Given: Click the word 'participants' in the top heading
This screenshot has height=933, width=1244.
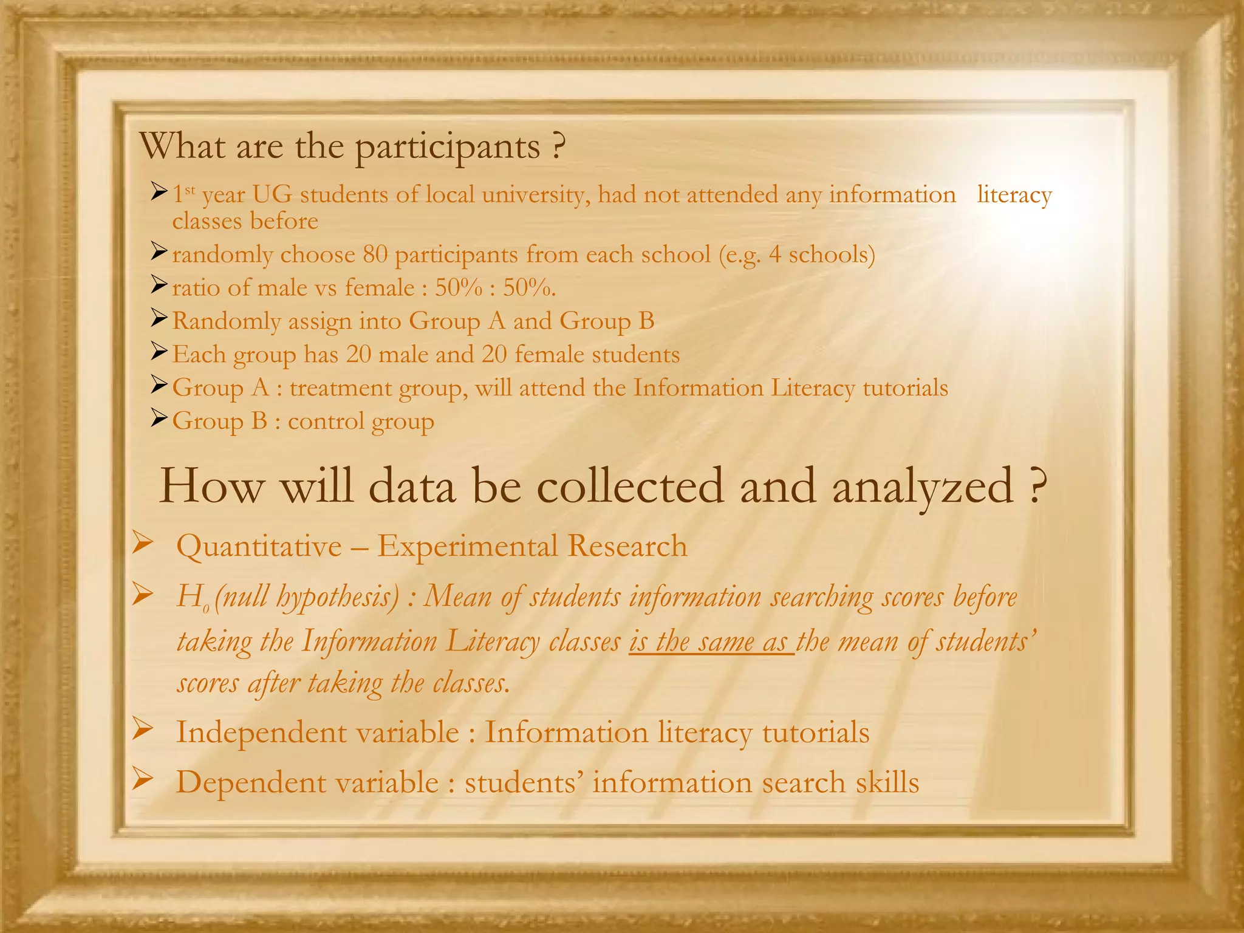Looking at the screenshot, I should pos(447,148).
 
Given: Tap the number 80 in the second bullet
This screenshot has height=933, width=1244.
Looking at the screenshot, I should pos(375,255).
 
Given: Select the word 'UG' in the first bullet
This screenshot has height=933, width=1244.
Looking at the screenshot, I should pos(272,195).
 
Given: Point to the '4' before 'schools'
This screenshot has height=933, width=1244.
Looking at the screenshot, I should pos(774,255).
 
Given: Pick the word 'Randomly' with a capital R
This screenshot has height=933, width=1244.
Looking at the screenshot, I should pos(226,321).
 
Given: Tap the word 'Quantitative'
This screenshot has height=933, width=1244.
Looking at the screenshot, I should pos(259,546).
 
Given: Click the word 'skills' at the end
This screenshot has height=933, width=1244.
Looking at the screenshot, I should pos(887,782).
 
